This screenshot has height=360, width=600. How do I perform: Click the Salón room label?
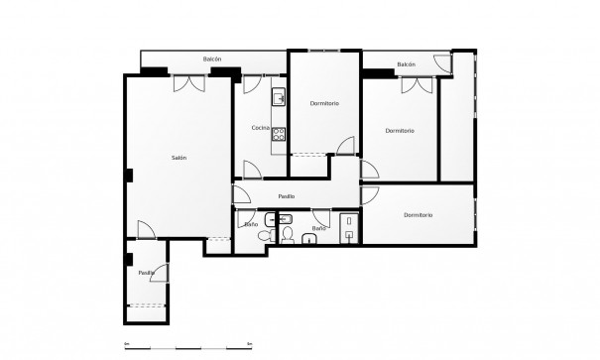click(x=180, y=157)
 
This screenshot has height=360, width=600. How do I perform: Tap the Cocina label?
click(x=260, y=128)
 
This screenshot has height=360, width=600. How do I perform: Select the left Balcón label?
click(x=212, y=60)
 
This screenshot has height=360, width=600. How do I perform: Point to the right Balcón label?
click(x=406, y=64)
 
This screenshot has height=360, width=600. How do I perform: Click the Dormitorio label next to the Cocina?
click(x=324, y=103)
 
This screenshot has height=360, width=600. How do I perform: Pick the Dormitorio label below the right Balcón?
click(x=400, y=130)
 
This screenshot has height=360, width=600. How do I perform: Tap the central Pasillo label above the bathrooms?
click(x=286, y=196)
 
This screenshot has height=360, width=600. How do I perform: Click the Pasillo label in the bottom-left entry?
click(x=146, y=272)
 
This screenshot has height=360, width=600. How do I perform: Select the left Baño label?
click(x=251, y=225)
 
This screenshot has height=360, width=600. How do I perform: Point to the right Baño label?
click(x=318, y=228)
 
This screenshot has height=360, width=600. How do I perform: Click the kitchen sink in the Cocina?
click(x=280, y=97)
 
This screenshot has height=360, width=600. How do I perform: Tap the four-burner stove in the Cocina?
click(x=280, y=134)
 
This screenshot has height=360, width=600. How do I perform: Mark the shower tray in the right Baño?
click(x=347, y=227)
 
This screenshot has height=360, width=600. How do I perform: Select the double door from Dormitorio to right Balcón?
click(x=417, y=85)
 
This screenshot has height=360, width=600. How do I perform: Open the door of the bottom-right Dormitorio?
click(x=370, y=195)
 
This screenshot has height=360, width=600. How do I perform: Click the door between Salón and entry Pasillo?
click(x=145, y=230)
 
